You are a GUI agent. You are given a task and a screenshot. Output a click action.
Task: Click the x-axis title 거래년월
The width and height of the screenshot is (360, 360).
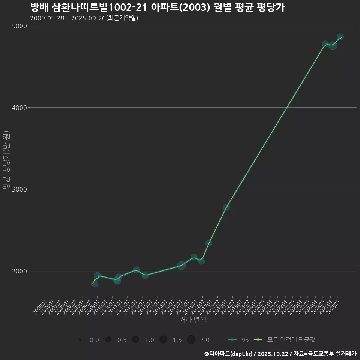193,320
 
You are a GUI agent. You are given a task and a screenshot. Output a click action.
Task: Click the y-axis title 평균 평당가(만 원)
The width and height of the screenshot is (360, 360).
6,161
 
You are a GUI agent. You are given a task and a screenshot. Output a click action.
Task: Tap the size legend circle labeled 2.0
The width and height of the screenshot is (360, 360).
191,340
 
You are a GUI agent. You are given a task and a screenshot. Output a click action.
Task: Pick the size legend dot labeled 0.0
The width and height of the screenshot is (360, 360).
81,340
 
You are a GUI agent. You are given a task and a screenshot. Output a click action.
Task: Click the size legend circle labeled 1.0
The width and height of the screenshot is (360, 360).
136,340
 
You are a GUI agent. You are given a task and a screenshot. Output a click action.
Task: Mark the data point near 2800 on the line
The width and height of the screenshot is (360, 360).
226,207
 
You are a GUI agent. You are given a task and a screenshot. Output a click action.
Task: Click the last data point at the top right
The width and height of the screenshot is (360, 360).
340,37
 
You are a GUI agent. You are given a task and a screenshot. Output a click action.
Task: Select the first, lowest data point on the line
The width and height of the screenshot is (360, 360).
95,284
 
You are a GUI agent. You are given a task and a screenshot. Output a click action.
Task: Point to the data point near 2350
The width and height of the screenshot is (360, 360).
209,243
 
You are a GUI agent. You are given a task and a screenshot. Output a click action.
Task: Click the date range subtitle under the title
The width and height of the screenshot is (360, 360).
84,18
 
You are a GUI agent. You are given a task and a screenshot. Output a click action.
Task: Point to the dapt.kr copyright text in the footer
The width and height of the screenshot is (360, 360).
229,353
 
